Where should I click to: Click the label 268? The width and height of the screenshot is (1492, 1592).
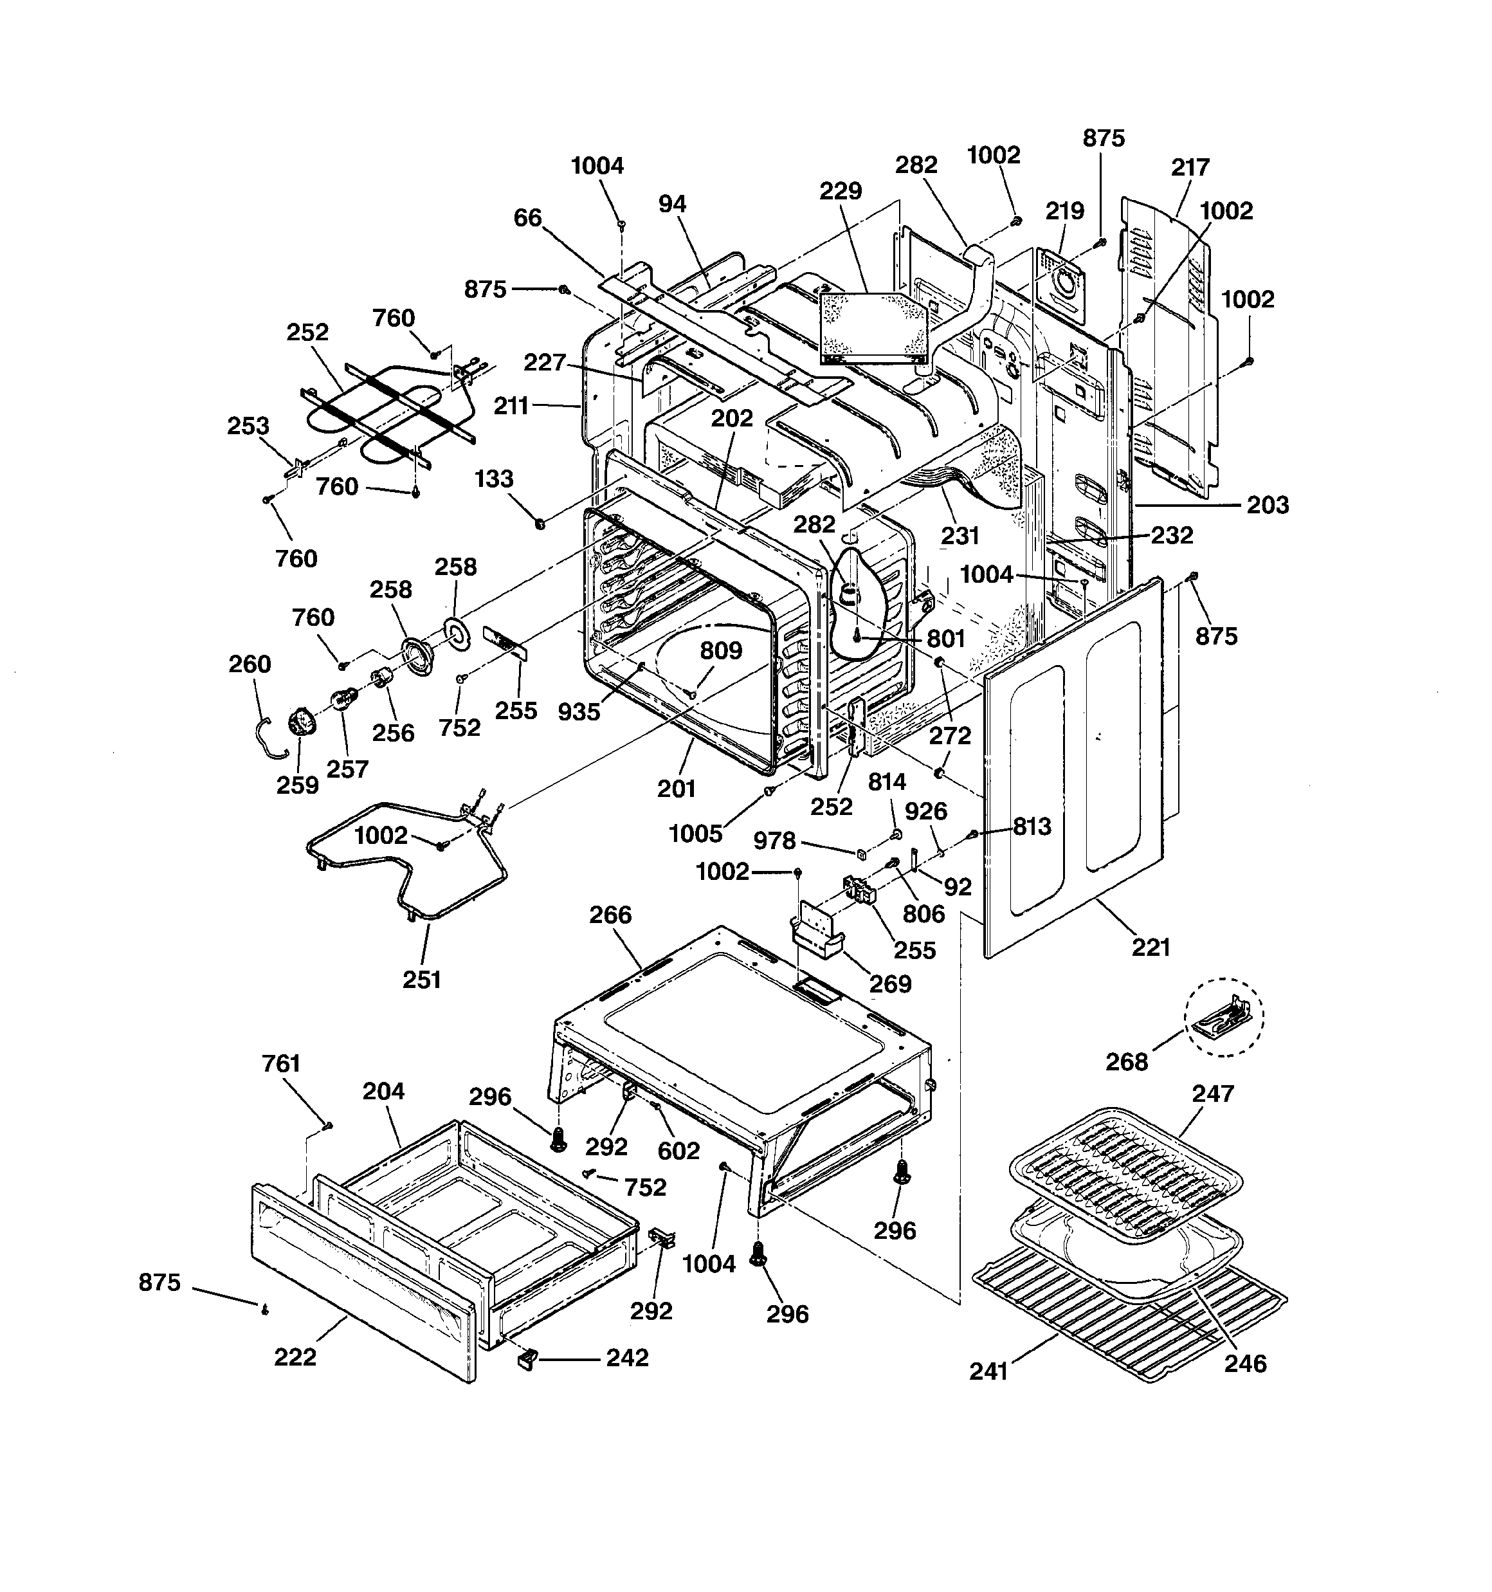click(1127, 1061)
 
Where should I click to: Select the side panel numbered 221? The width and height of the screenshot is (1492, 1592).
click(1073, 769)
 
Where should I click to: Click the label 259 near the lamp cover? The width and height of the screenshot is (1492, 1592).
click(297, 785)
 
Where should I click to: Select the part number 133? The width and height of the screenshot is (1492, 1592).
click(493, 478)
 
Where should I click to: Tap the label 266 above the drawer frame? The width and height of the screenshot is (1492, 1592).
click(610, 915)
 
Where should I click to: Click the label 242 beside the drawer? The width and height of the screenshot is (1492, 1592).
click(626, 1357)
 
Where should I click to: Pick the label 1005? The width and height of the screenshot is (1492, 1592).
click(695, 834)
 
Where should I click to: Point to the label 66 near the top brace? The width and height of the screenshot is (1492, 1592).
click(528, 218)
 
